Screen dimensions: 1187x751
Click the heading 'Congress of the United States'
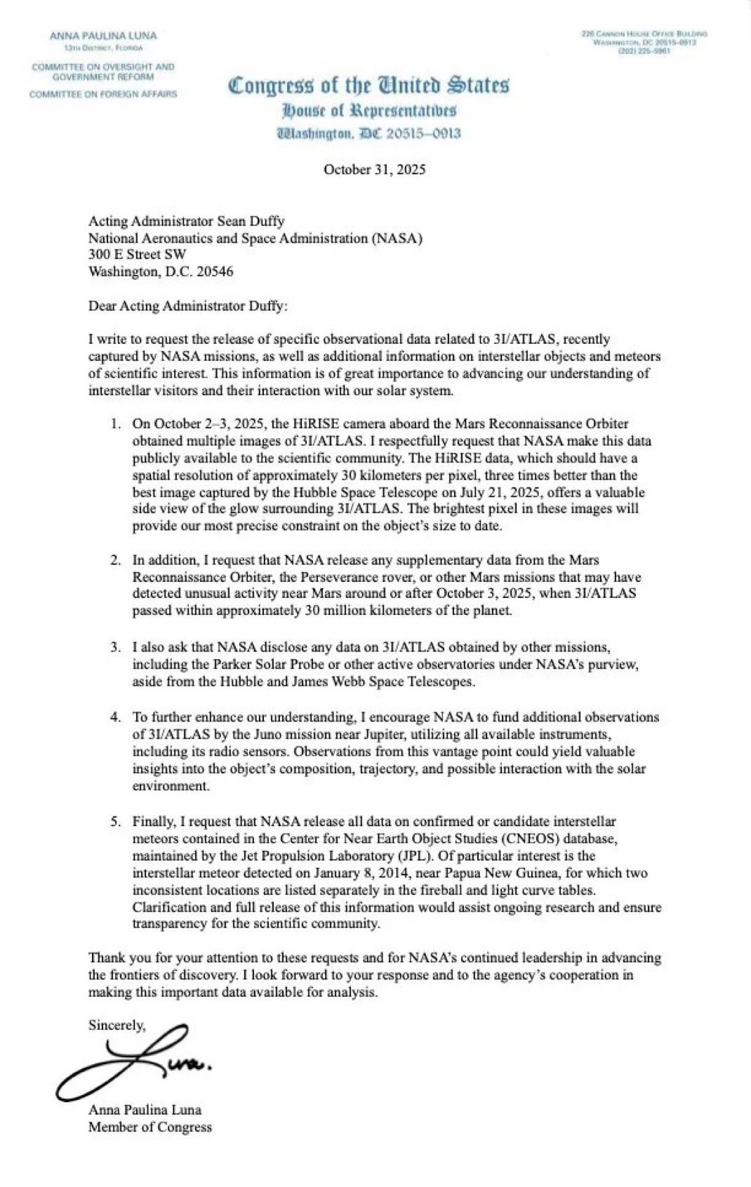pyautogui.click(x=368, y=86)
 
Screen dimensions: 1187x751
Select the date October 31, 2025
pyautogui.click(x=374, y=169)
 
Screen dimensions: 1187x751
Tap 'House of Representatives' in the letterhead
pyautogui.click(x=368, y=110)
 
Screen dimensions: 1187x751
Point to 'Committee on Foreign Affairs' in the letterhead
pyautogui.click(x=103, y=94)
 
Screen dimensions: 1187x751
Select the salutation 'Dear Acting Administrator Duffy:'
pyautogui.click(x=188, y=305)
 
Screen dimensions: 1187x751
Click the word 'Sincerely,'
pyautogui.click(x=117, y=1026)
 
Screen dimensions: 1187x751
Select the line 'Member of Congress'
pyautogui.click(x=149, y=1127)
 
